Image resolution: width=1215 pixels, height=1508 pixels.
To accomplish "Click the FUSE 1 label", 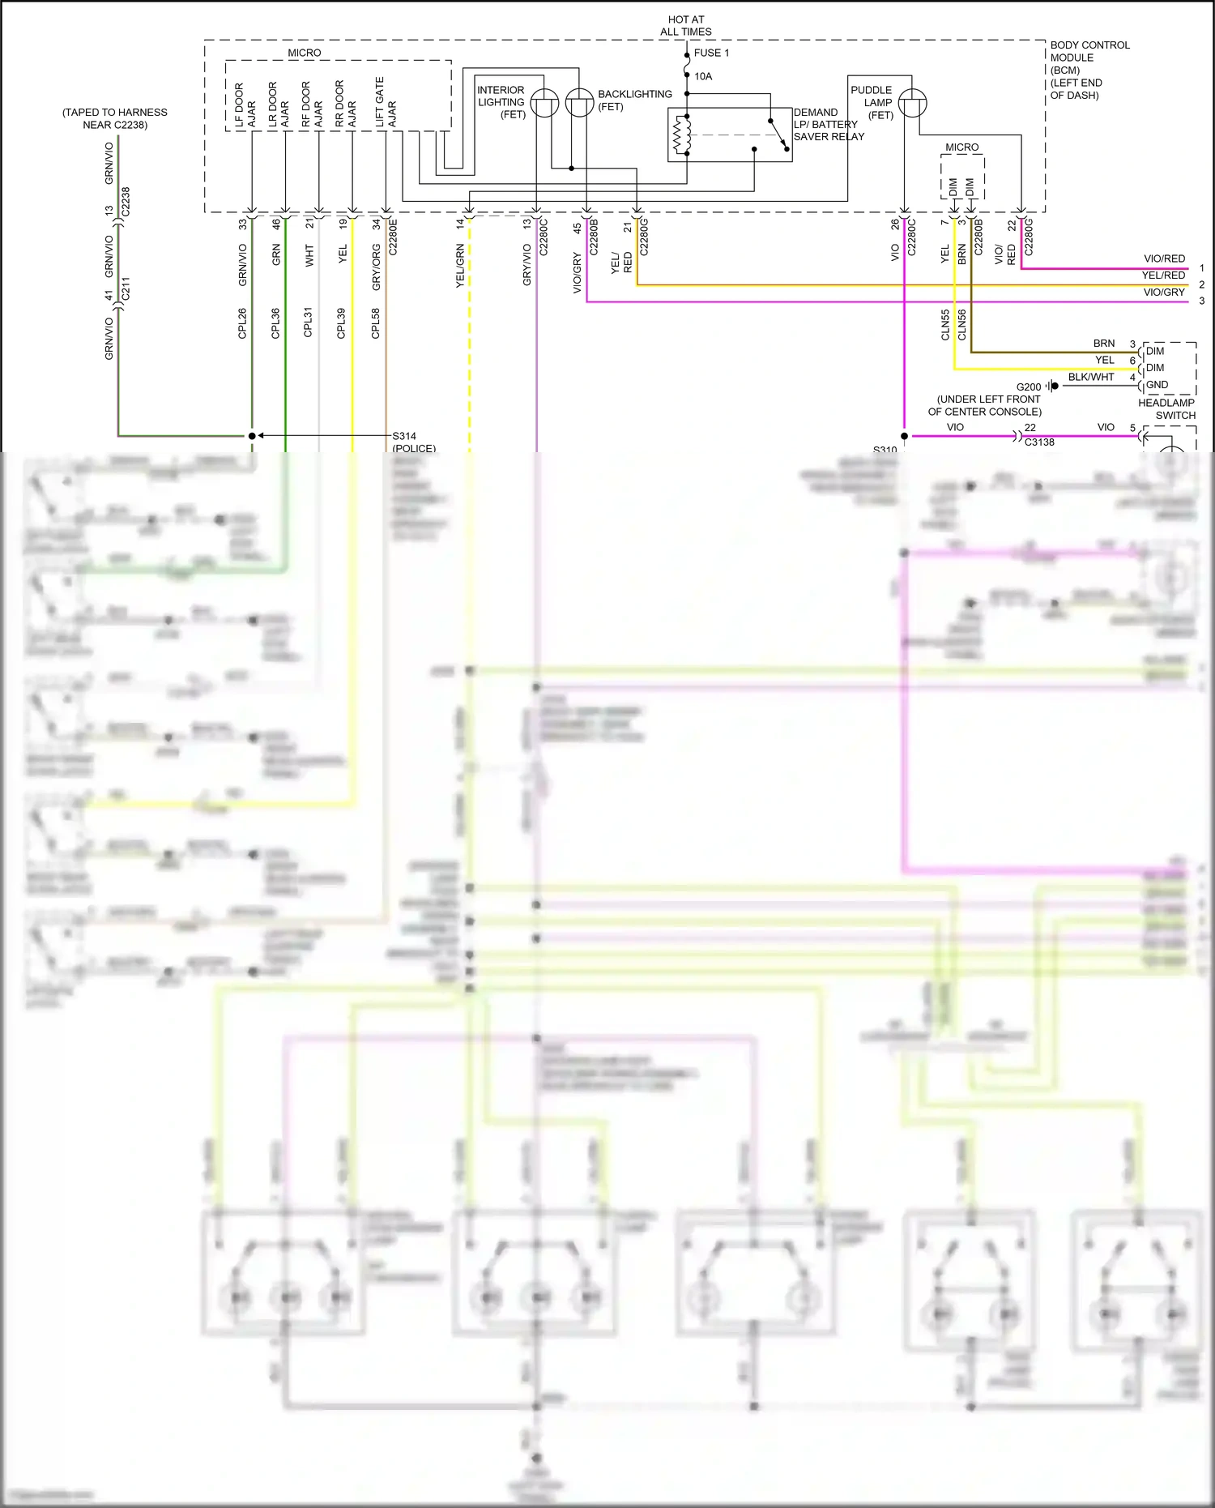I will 711,53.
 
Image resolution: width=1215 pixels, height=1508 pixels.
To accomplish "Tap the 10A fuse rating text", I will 703,76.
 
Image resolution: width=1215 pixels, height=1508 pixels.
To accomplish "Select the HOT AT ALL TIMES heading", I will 686,25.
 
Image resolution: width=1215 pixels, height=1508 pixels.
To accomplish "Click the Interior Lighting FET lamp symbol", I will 544,103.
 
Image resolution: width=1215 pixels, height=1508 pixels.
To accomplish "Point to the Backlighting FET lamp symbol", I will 579,103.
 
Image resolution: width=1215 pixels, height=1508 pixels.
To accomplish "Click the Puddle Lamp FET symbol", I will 912,103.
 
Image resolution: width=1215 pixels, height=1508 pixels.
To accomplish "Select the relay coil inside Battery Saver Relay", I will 682,135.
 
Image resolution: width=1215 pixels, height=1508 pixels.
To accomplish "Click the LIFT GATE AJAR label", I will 386,102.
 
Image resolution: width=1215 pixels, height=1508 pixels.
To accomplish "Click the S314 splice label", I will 404,436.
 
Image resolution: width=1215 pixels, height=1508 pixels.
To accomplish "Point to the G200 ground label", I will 1029,387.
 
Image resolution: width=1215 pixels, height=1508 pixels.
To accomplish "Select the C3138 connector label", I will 1039,442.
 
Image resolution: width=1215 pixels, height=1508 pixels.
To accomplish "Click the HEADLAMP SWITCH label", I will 1166,409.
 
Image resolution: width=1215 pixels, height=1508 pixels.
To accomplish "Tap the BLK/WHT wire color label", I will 1090,377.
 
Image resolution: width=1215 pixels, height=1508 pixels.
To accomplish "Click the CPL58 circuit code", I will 376,323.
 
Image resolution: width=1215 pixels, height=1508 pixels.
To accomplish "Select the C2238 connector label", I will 126,202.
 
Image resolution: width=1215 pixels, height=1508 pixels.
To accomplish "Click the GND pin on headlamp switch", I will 1157,385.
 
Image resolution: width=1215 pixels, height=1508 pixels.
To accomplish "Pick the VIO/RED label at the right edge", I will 1164,258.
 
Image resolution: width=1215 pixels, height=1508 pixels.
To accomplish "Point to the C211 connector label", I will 126,288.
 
